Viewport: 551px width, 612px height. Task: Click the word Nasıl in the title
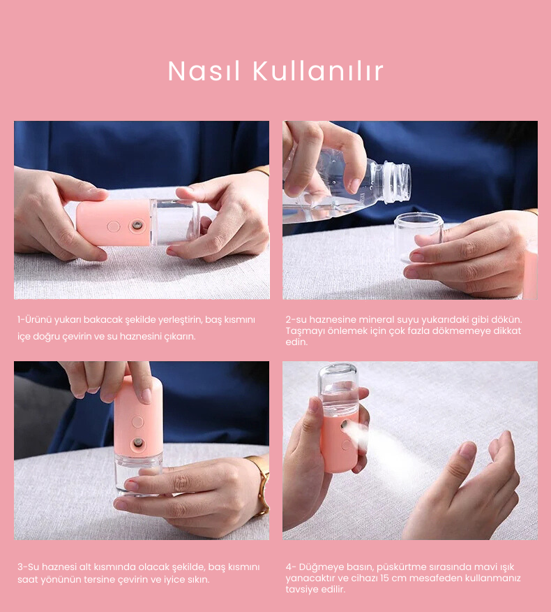point(204,71)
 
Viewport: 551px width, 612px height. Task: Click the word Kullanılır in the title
point(318,71)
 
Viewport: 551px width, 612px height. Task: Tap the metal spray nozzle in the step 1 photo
point(137,226)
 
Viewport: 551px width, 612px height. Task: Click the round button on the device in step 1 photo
point(114,226)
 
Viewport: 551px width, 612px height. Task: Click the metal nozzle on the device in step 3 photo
point(138,443)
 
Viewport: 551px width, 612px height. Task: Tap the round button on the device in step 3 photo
point(137,421)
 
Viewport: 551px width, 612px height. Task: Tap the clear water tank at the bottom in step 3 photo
point(138,473)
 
